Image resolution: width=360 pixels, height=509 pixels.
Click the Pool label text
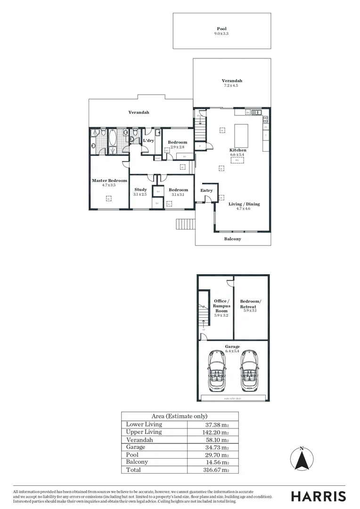click(221, 29)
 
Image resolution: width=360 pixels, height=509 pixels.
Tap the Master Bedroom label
click(109, 181)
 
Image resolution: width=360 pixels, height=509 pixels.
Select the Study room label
click(140, 189)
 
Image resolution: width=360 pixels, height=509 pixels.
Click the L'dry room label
click(148, 141)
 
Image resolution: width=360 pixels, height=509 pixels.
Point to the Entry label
click(206, 190)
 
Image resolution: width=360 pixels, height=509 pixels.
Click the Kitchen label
click(238, 150)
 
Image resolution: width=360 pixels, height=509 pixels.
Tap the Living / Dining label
click(244, 204)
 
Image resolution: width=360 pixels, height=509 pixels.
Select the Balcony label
click(232, 239)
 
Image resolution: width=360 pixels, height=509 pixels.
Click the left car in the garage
click(217, 372)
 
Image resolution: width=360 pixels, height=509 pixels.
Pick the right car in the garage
click(249, 372)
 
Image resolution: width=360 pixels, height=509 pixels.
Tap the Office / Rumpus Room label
click(221, 306)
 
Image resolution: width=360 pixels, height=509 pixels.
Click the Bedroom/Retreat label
click(250, 304)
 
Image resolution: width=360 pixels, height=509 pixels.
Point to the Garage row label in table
click(136, 447)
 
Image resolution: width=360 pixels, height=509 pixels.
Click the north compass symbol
click(302, 459)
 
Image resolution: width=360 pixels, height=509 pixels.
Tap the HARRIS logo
click(318, 496)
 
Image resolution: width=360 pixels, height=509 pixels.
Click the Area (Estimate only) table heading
click(180, 416)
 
